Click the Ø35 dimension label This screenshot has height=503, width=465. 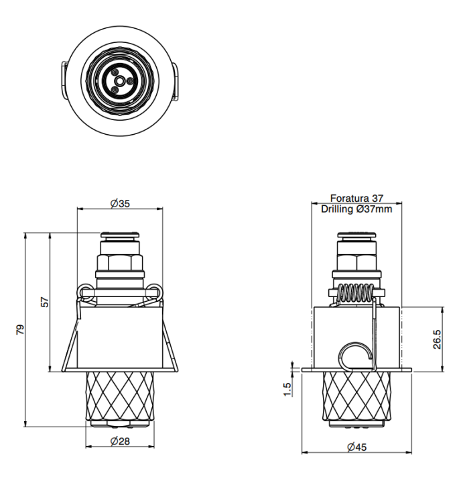coord(120,203)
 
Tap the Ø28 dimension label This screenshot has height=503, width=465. coord(120,441)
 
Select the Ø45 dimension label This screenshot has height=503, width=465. coord(356,447)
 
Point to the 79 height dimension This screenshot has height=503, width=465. coord(20,330)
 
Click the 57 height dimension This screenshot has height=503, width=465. coord(45,302)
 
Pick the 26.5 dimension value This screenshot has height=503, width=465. coord(437,339)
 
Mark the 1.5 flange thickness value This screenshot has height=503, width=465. coord(287,390)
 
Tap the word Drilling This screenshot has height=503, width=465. coord(337,209)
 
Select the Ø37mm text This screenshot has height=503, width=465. coord(374,209)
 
